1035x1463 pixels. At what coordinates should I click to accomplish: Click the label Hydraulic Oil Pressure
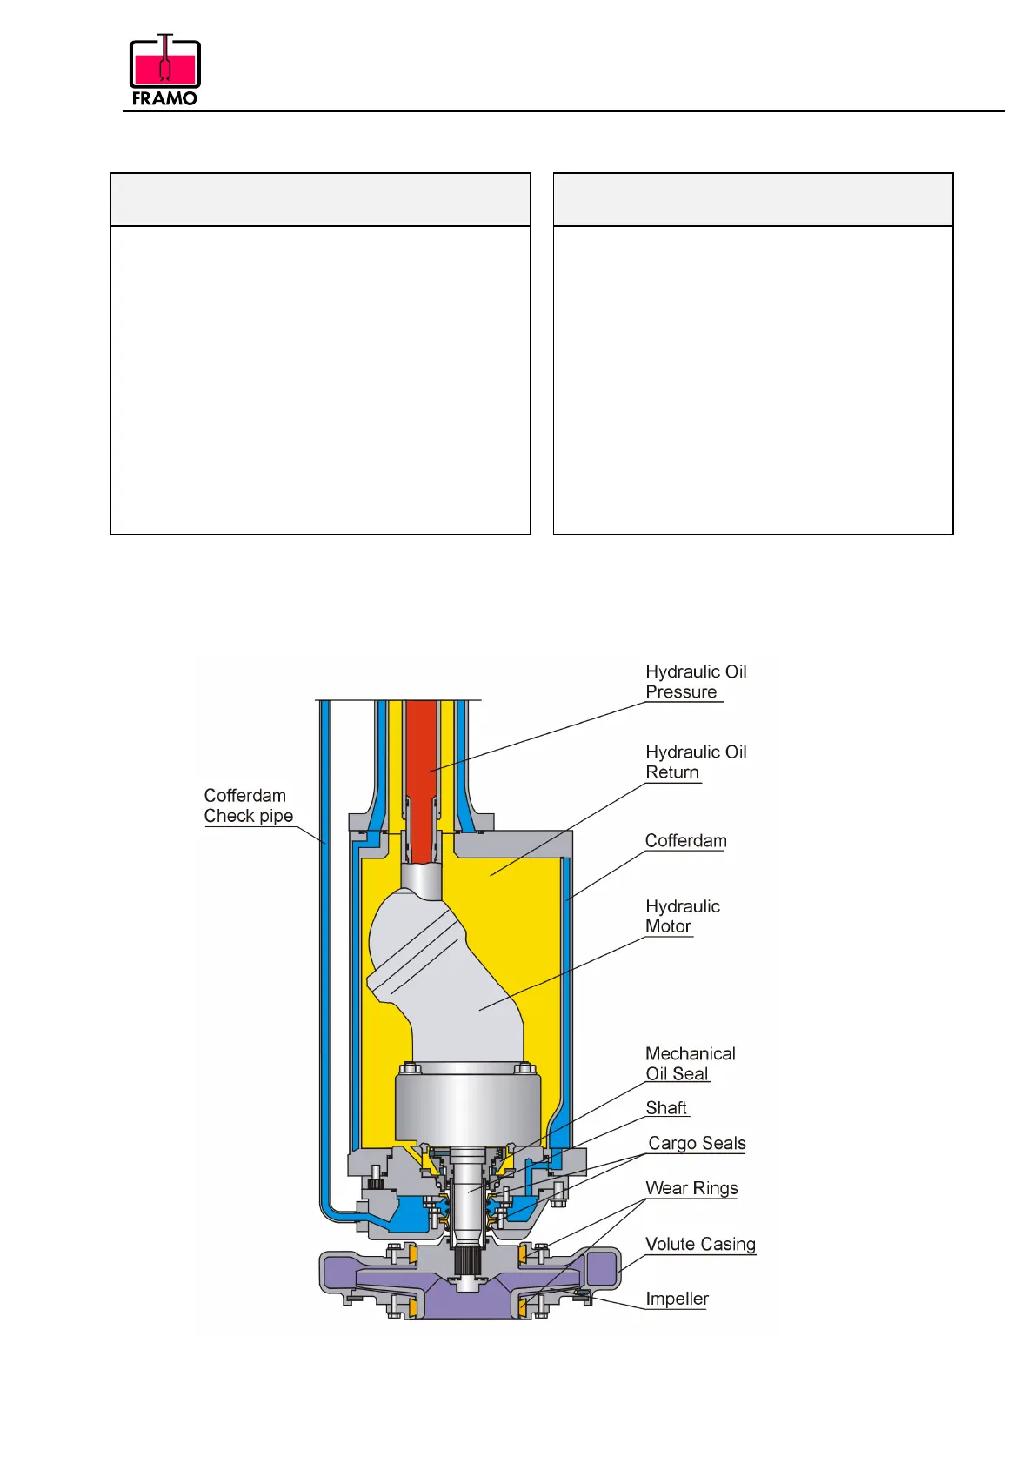tap(695, 682)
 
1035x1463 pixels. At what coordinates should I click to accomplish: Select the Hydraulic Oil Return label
tap(695, 762)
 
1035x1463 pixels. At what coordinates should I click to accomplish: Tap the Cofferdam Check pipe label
tap(248, 805)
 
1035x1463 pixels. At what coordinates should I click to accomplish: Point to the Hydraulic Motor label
tap(682, 917)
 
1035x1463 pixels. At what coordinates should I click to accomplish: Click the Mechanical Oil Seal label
tap(690, 1064)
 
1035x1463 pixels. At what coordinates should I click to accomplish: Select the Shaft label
tap(666, 1108)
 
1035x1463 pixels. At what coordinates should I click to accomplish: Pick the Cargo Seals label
tap(697, 1143)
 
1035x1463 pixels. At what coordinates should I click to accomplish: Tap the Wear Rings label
tap(691, 1188)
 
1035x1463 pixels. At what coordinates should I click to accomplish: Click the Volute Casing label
tap(700, 1244)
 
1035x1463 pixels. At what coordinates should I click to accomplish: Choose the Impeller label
tap(677, 1299)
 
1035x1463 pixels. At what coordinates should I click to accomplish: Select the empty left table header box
tap(320, 199)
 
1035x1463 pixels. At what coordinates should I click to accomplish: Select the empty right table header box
tap(753, 199)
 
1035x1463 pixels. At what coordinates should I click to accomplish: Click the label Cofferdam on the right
tap(685, 841)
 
